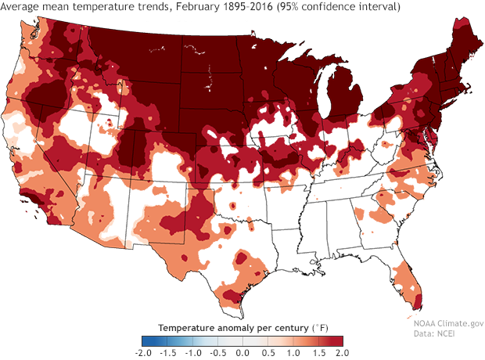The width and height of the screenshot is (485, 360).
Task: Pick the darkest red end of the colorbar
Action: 339,340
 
